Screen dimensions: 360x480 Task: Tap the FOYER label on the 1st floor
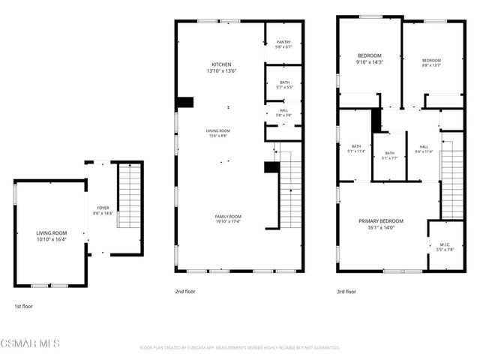103,211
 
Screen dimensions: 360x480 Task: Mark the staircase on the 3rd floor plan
451,176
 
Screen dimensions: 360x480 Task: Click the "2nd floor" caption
184,291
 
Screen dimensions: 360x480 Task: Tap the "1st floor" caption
23,306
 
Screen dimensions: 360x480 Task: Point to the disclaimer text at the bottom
240,347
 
